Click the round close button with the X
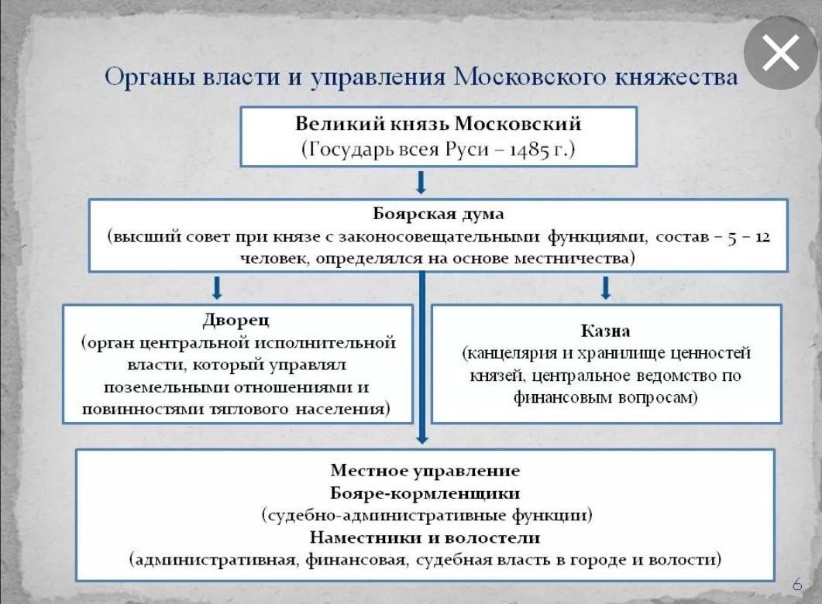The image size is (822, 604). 780,53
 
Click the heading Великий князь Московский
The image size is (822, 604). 438,124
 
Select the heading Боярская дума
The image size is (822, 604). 438,213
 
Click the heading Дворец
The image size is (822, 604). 236,319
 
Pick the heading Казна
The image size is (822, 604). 607,331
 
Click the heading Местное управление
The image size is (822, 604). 425,470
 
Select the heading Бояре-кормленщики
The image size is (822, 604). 425,492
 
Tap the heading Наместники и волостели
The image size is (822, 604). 425,537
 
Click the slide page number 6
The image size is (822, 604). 797,583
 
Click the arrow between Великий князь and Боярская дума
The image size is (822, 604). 421,183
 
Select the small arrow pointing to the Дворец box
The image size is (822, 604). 218,288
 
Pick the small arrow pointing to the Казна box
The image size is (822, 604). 606,288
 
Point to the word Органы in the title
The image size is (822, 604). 149,79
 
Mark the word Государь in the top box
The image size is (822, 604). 348,149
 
